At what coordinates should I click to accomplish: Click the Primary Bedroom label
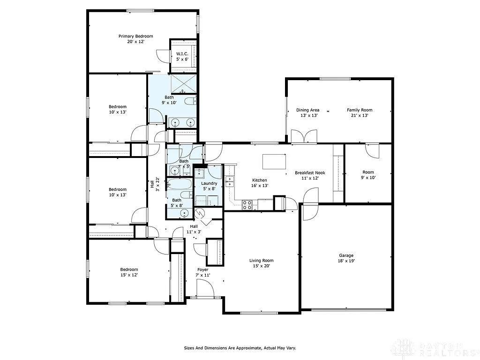(135, 36)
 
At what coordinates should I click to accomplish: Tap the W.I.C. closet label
(182, 54)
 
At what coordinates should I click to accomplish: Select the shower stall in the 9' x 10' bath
(181, 83)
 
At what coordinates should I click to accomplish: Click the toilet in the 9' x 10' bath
(190, 101)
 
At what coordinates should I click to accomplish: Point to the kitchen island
(274, 161)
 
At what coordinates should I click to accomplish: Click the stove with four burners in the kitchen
(247, 204)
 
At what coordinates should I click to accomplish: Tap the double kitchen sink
(230, 181)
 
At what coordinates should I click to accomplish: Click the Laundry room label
(209, 183)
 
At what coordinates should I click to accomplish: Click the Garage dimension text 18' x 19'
(346, 261)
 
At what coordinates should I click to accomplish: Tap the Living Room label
(261, 261)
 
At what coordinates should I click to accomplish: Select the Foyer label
(202, 270)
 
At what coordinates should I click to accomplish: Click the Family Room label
(360, 110)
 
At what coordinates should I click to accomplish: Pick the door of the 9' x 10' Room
(372, 150)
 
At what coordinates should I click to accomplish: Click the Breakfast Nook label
(310, 172)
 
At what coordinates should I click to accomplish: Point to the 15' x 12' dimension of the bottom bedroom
(128, 275)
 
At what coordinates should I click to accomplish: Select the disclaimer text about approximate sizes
(240, 348)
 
